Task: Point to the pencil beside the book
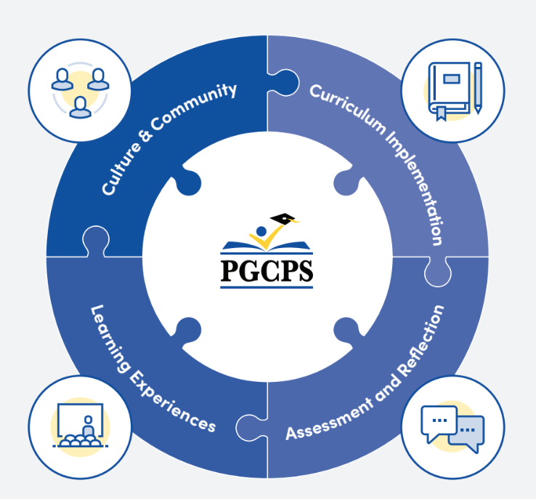(478, 87)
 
